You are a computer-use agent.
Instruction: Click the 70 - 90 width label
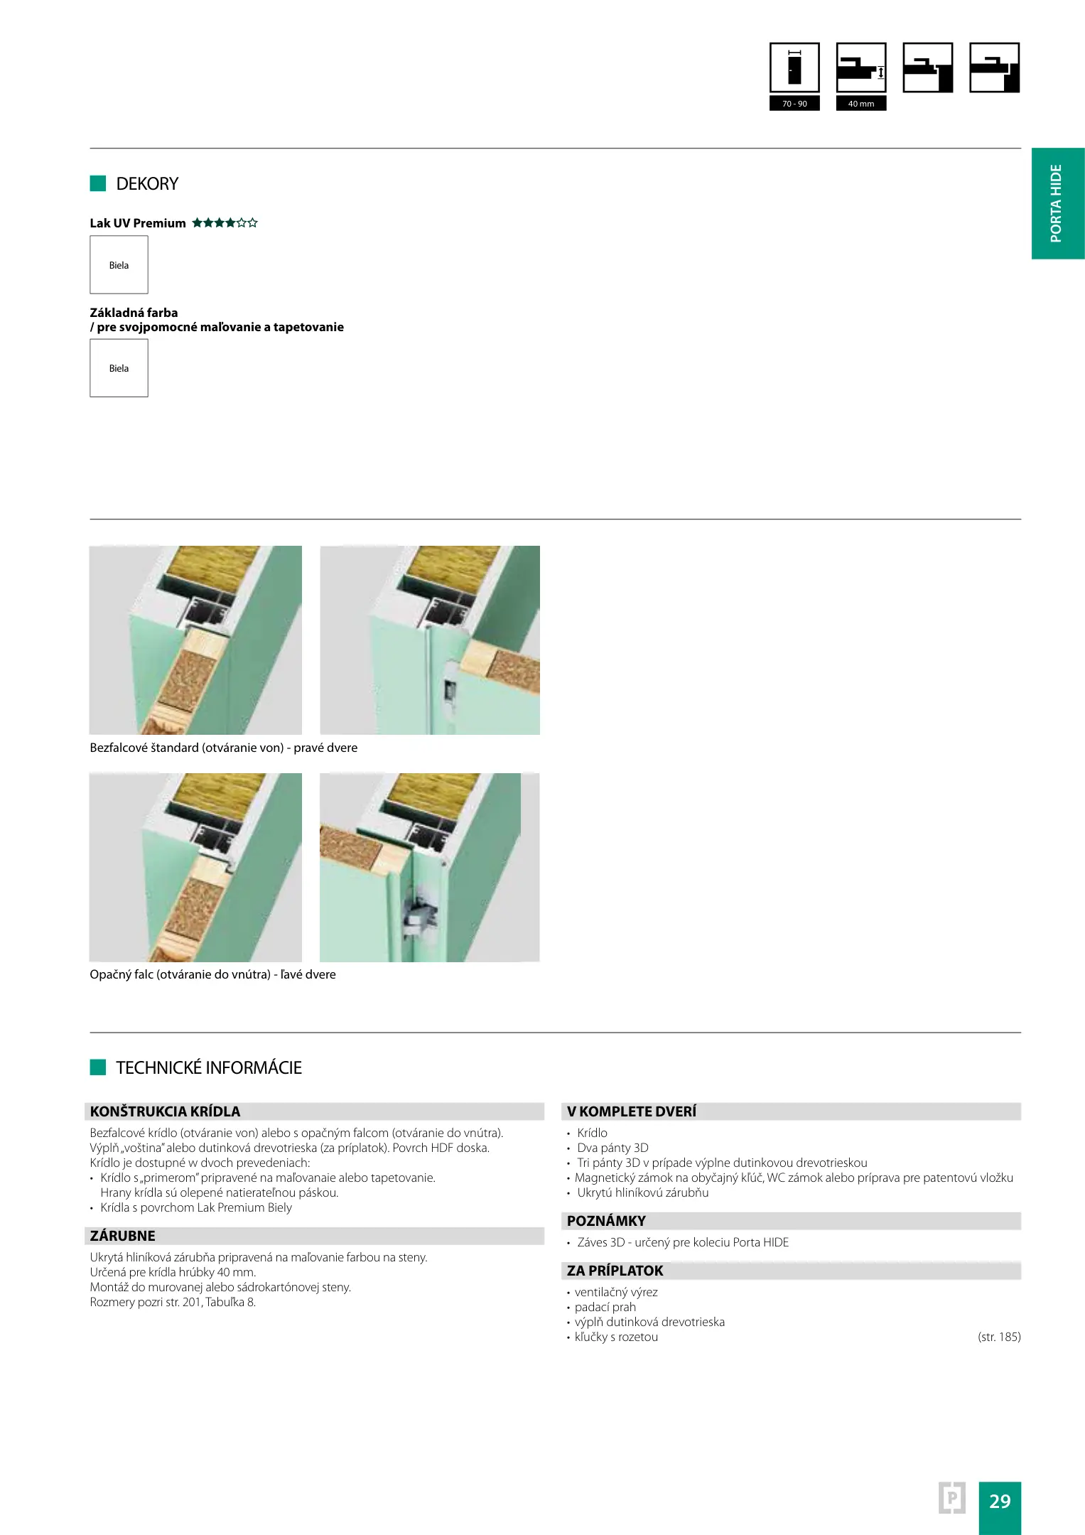click(x=794, y=104)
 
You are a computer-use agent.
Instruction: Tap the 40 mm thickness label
click(x=861, y=104)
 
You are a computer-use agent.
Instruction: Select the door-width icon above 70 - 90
click(x=794, y=68)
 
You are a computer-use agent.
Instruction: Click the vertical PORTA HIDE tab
click(x=1058, y=203)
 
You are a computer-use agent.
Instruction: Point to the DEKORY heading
click(x=147, y=184)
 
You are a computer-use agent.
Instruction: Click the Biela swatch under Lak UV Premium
click(x=119, y=264)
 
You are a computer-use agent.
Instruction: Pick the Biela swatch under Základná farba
click(x=119, y=367)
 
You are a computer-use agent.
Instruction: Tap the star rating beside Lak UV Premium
click(x=225, y=223)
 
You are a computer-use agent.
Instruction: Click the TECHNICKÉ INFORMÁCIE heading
click(x=209, y=1067)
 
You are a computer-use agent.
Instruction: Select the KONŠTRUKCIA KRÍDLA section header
click(x=165, y=1111)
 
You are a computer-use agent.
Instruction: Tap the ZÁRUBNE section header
click(x=122, y=1236)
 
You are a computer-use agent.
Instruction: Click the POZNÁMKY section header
click(x=606, y=1221)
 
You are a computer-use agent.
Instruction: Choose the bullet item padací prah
click(x=605, y=1307)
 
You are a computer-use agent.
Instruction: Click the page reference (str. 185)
click(x=999, y=1337)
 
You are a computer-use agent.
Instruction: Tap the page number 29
click(x=1000, y=1501)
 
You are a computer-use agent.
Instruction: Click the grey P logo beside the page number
click(x=952, y=1498)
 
